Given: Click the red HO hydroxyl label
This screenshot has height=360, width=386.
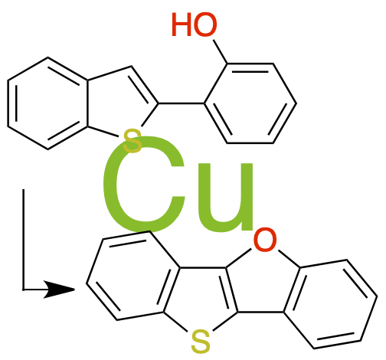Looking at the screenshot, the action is coord(194,24).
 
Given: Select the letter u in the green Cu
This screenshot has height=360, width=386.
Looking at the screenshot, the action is coord(225,198).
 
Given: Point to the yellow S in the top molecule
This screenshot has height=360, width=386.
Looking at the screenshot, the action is coord(132,141).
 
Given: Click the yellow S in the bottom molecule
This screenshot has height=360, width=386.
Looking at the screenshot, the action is coord(201,342).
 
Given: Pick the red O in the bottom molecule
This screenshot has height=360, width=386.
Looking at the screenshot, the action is coord(265,239).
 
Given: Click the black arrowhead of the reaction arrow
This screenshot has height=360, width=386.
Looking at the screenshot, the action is coord(59,290).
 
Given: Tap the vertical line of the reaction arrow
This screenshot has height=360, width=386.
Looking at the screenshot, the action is coord(23,239).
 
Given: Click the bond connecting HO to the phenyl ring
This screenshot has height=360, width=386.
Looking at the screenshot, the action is coord(220,51).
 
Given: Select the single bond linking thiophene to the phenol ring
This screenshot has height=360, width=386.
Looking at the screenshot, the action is coord(182,103).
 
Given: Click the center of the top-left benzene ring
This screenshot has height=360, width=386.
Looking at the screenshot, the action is coord(47,103).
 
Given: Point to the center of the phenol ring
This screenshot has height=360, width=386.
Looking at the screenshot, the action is coord(250,103).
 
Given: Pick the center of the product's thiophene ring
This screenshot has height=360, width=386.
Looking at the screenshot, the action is coord(201,296).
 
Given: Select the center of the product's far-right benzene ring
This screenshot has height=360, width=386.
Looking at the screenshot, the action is coord(331,304).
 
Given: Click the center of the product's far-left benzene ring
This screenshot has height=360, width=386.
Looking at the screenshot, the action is coord(132,276).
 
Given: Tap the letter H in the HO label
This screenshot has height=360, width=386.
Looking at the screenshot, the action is coord(182,24).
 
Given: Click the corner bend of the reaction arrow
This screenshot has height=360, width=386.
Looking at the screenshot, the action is coord(23,290).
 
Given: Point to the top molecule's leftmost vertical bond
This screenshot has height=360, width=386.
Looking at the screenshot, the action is coord(8,103).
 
